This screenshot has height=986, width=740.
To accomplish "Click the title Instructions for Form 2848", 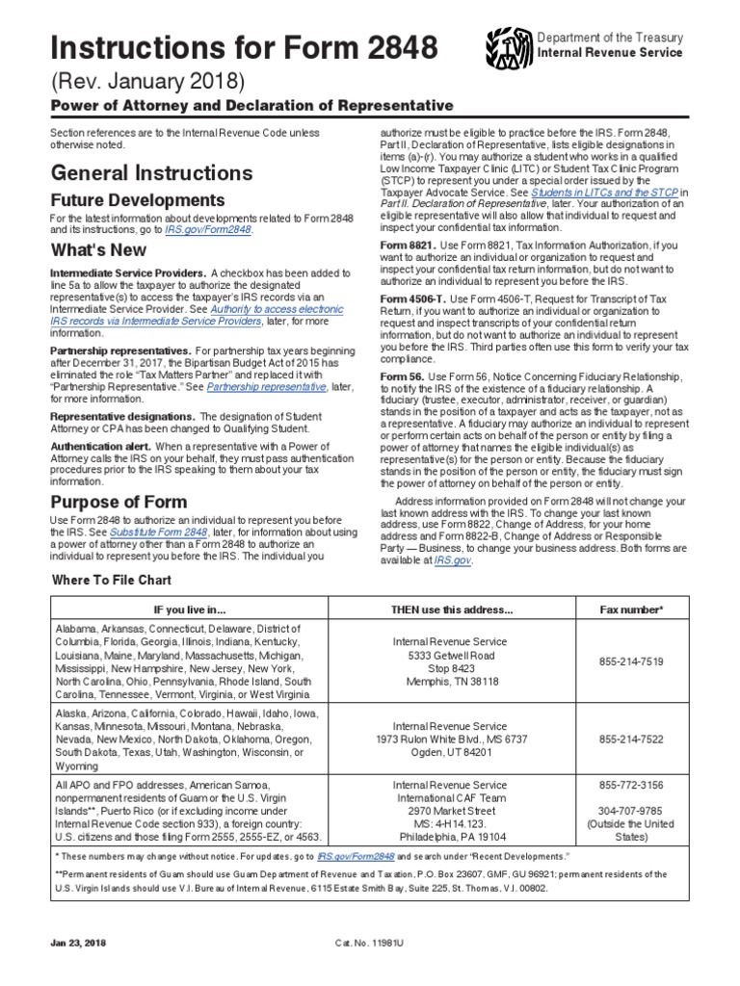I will click(230, 45).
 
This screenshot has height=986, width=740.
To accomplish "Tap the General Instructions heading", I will click(151, 173).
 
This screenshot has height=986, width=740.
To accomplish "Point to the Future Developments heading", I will click(138, 200).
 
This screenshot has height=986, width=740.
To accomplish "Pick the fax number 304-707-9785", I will click(630, 810).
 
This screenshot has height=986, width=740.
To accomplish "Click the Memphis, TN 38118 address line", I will click(451, 682).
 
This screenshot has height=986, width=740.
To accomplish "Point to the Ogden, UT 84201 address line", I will click(451, 753).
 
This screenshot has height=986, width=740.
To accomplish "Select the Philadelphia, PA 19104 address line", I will click(451, 837).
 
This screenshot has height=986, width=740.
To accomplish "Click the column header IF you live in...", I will click(191, 610).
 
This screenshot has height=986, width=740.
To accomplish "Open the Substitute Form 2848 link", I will click(158, 532).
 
